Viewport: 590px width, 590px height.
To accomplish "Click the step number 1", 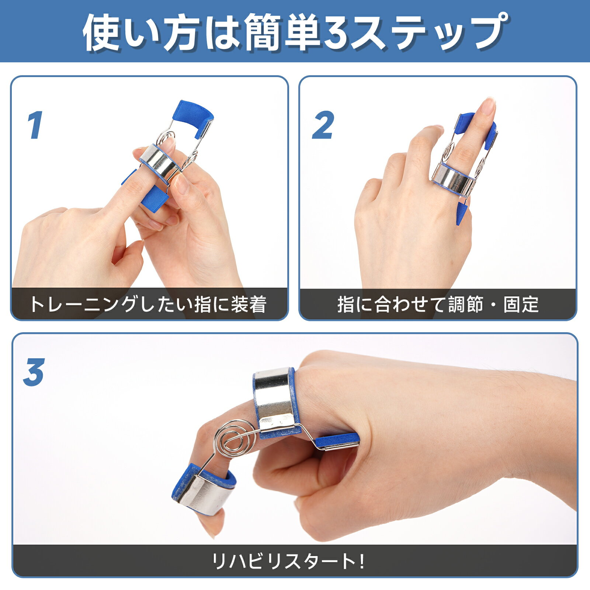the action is pos(35,125).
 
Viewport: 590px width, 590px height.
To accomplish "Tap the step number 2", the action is pos(323,125).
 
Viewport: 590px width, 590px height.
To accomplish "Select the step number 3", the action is pos(34,372).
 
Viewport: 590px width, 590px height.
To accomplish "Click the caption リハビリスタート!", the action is pos(288,561).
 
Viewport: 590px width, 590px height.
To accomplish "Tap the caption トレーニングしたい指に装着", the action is pos(148,305).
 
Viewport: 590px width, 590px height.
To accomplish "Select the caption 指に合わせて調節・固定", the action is pos(438,305).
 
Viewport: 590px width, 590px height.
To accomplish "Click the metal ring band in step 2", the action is pos(453,180).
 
